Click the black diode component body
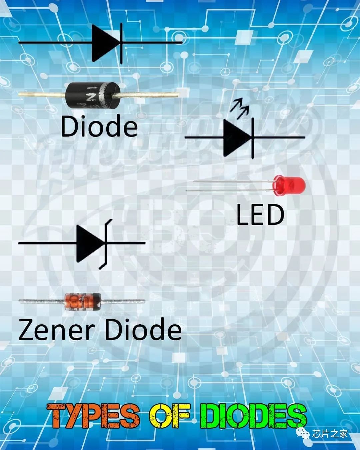point(90,95)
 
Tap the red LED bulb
point(289,185)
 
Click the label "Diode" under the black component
point(99,126)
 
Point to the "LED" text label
point(260,215)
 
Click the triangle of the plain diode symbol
point(104,43)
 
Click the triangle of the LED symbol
point(236,137)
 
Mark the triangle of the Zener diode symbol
point(89,243)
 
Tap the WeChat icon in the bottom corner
point(305,433)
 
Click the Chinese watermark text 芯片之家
point(330,434)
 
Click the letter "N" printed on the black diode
point(90,97)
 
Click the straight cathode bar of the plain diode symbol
point(121,43)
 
